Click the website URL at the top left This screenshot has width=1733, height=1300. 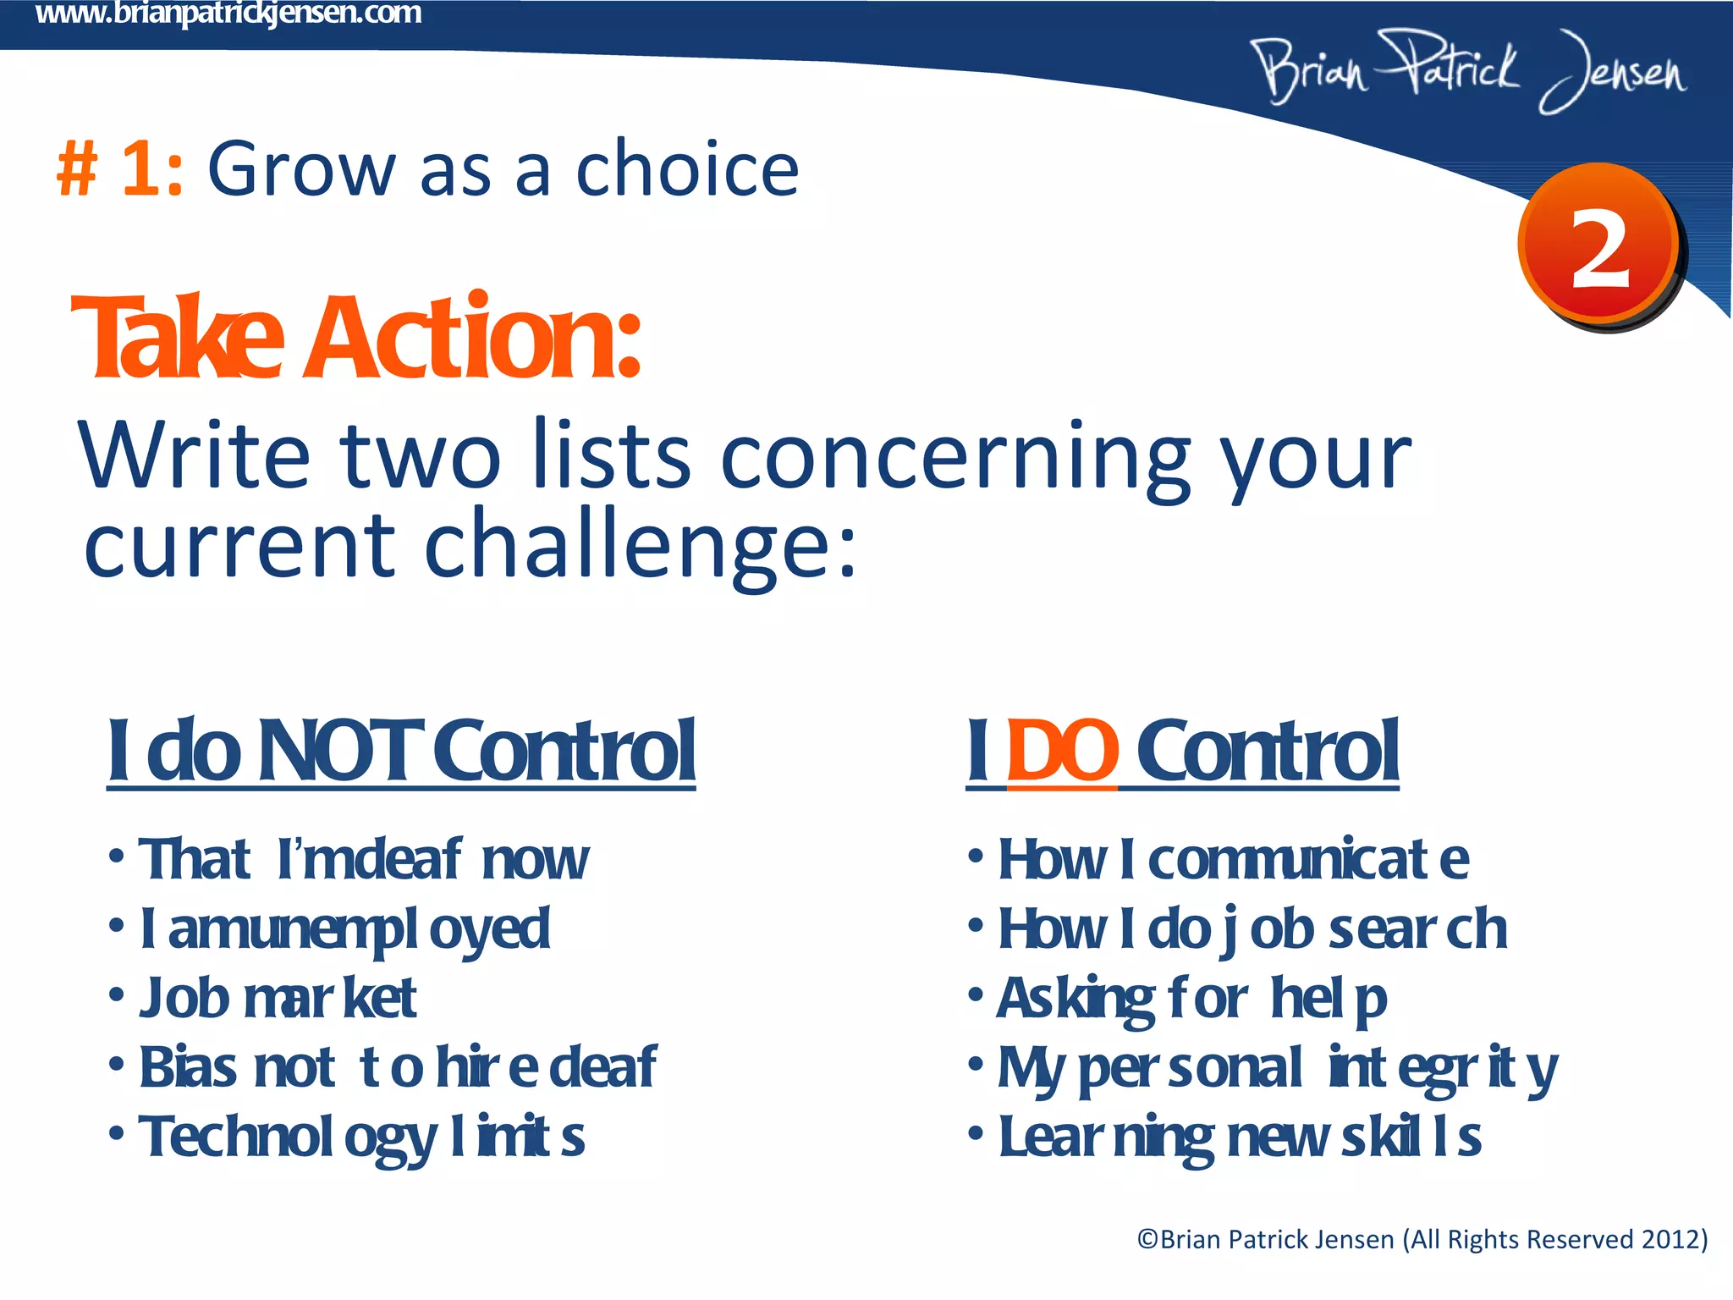pyautogui.click(x=228, y=14)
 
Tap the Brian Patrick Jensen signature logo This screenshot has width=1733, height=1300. pyautogui.click(x=1468, y=72)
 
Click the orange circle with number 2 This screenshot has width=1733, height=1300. pyautogui.click(x=1599, y=245)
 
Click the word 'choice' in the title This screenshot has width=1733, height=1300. pyautogui.click(x=687, y=169)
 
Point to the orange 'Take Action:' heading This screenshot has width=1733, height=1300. pyautogui.click(x=355, y=339)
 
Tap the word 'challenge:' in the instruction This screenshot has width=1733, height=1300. pyautogui.click(x=640, y=546)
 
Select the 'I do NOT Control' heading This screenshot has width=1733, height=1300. pyautogui.click(x=401, y=751)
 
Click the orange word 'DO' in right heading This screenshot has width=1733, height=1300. pyautogui.click(x=1062, y=751)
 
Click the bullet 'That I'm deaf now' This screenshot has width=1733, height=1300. pyautogui.click(x=364, y=859)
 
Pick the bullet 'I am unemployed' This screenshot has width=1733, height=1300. pyautogui.click(x=345, y=929)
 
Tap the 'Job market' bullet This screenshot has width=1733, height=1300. pyautogui.click(x=278, y=999)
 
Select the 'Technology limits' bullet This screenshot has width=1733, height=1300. pyautogui.click(x=362, y=1137)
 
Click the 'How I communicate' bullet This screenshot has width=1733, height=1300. pyautogui.click(x=1233, y=859)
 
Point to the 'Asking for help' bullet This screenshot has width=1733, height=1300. pyautogui.click(x=1191, y=999)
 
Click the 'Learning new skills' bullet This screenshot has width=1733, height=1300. pyautogui.click(x=1240, y=1137)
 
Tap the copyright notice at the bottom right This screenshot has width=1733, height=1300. pyautogui.click(x=1422, y=1239)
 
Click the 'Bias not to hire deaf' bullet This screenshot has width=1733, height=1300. pyautogui.click(x=398, y=1068)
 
